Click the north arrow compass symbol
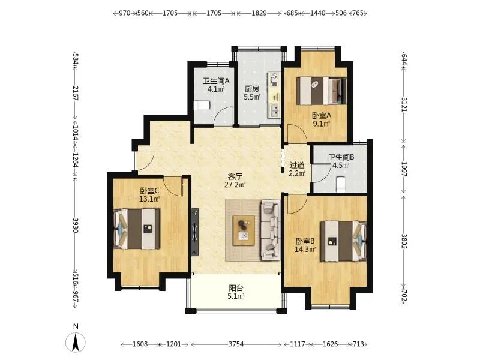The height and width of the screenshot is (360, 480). point(76,342)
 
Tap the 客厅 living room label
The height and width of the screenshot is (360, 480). point(235,176)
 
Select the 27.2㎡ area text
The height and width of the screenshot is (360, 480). point(235,185)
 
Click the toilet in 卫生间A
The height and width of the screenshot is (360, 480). point(202,106)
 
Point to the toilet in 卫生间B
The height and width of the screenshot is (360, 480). point(340,185)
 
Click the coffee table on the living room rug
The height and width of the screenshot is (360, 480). point(244,230)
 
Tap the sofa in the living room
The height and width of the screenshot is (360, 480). point(271,230)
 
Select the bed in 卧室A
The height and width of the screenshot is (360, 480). point(322,91)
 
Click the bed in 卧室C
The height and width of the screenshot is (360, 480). point(137,229)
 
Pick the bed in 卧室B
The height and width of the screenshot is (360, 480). point(343,241)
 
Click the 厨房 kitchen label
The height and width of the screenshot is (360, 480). point(252,89)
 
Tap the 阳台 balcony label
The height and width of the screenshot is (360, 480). point(236,288)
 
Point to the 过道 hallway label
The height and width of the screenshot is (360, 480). point(297,166)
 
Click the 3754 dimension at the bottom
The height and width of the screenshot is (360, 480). point(236,344)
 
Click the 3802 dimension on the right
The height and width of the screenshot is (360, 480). point(404,242)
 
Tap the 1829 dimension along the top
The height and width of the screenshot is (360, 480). point(259,13)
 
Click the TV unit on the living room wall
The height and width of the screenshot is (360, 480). point(195,232)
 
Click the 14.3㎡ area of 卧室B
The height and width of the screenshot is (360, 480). point(305,250)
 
